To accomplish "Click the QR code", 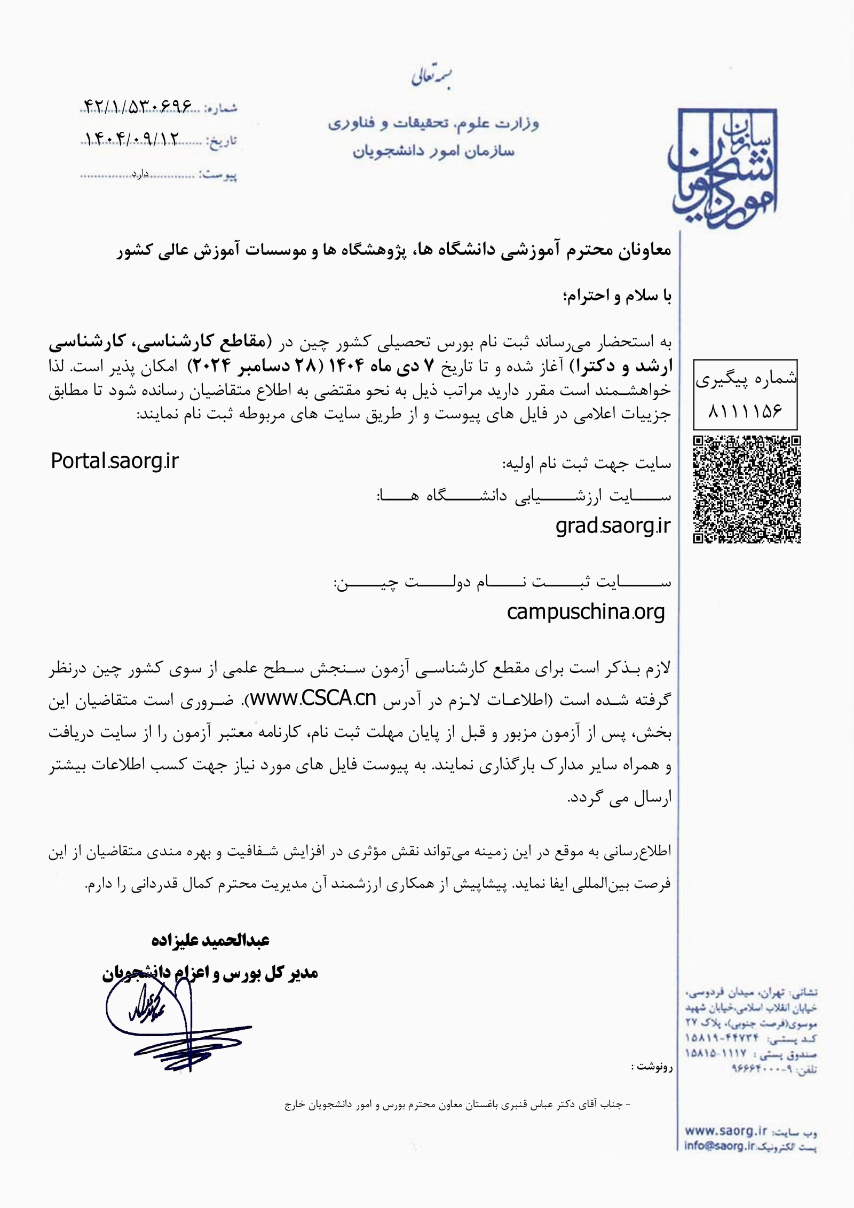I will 747,489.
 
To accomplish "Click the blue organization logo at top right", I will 724,168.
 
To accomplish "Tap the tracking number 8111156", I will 745,411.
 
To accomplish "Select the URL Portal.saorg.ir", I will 115,461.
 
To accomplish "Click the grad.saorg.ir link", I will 613,526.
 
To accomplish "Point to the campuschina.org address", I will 586,612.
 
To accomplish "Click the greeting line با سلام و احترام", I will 614,297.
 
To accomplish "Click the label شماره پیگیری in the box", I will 746,379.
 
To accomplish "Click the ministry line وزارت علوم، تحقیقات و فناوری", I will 433,124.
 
